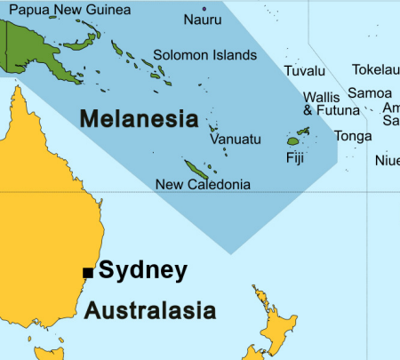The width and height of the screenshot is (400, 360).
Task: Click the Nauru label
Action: click(x=203, y=19)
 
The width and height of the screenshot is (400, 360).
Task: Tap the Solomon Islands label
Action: click(x=204, y=54)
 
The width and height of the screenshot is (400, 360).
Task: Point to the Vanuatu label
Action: click(x=236, y=140)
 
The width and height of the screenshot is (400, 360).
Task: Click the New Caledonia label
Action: click(x=203, y=185)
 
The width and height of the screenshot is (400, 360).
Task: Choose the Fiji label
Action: click(x=295, y=158)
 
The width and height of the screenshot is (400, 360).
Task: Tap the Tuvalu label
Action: click(x=305, y=71)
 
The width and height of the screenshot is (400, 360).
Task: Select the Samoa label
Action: click(x=369, y=92)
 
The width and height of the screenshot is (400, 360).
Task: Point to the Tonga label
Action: click(x=353, y=136)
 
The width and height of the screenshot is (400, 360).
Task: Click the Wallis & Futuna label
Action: click(x=331, y=104)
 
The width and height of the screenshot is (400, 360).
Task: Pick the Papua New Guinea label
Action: click(x=68, y=10)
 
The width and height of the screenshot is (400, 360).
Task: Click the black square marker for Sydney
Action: click(x=87, y=272)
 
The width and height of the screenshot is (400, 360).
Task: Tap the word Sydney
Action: click(x=143, y=270)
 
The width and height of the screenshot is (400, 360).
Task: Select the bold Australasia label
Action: click(x=150, y=311)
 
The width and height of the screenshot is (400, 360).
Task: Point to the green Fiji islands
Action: click(x=293, y=140)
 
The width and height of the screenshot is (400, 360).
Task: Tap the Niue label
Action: click(x=388, y=161)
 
